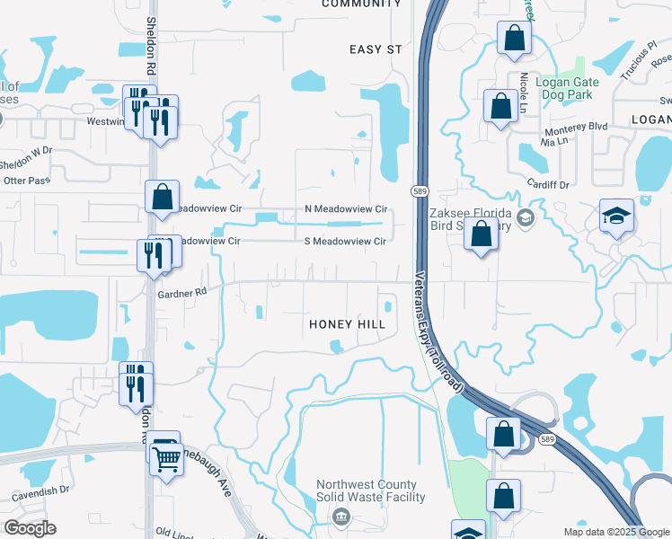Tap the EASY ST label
(376, 49)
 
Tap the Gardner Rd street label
(181, 292)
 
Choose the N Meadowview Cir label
(345, 208)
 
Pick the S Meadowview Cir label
(345, 241)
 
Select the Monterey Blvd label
(577, 127)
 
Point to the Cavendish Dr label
(40, 492)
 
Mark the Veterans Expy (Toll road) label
(438, 332)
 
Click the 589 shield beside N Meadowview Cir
(420, 191)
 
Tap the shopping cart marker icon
(167, 461)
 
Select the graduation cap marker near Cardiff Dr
(617, 216)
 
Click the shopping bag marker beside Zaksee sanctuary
(482, 234)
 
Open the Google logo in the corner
(30, 527)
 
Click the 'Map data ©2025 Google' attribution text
(615, 532)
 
